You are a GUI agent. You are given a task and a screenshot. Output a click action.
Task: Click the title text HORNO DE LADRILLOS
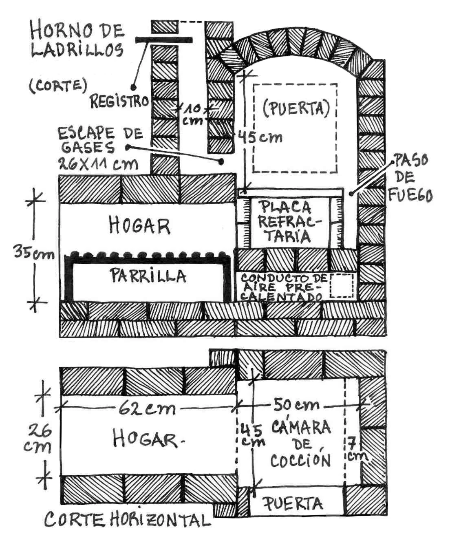click(77, 40)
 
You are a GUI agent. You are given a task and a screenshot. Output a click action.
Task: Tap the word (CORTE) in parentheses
click(58, 86)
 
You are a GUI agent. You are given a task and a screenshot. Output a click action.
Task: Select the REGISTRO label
click(119, 101)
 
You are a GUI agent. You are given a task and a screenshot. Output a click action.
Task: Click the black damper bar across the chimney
click(163, 40)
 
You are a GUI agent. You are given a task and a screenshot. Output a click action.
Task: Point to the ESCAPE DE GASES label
click(100, 140)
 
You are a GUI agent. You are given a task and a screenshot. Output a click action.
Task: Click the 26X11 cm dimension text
click(97, 164)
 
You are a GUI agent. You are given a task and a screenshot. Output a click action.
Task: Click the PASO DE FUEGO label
click(409, 178)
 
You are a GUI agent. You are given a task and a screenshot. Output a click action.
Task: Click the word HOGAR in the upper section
click(139, 226)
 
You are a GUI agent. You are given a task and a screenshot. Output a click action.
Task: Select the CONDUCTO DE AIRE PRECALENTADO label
click(283, 287)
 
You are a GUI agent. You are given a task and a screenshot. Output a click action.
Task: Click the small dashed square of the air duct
click(342, 286)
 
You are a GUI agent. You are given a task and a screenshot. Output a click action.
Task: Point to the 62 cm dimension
click(147, 408)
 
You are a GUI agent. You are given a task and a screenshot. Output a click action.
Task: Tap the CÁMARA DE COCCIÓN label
click(301, 443)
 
